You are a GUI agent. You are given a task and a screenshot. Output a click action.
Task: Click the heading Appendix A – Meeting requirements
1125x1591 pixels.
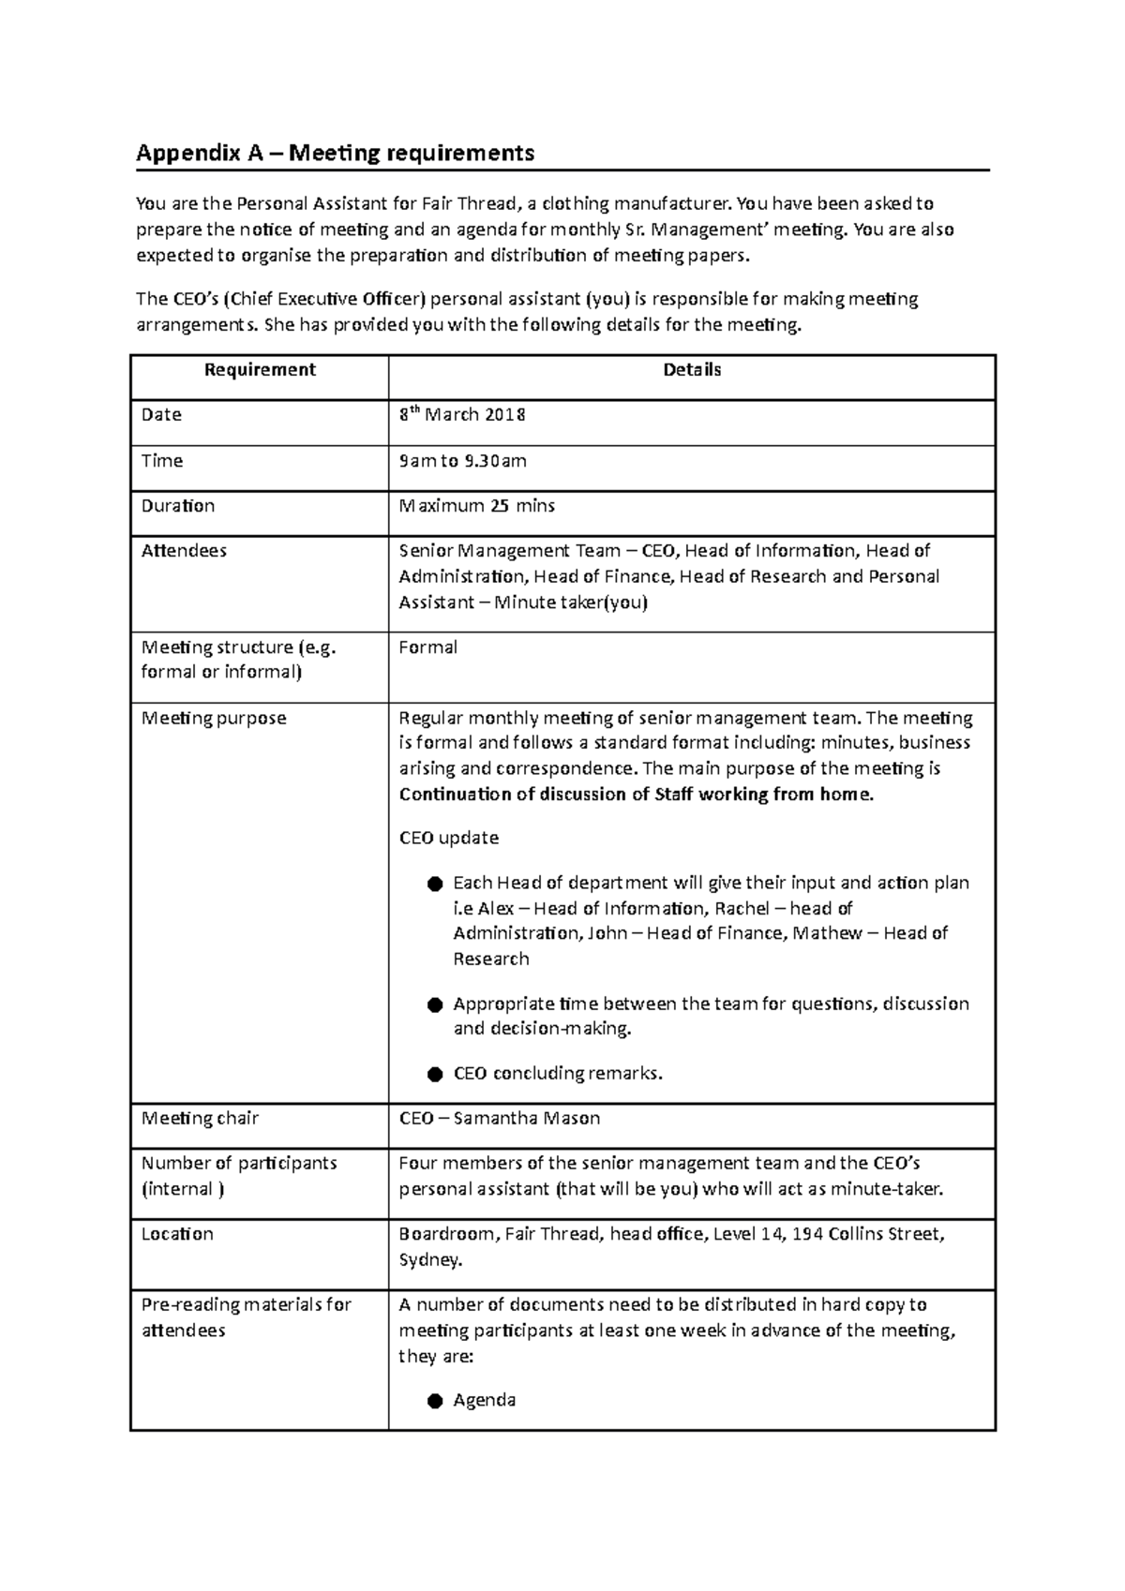click(x=335, y=153)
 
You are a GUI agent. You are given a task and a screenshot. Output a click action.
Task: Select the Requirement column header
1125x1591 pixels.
click(x=260, y=370)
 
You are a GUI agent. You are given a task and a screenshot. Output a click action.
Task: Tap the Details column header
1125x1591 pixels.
click(x=692, y=370)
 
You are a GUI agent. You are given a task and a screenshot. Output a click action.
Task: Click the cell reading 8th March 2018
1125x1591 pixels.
click(x=462, y=414)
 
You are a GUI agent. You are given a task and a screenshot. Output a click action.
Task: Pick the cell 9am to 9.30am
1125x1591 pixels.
click(x=462, y=461)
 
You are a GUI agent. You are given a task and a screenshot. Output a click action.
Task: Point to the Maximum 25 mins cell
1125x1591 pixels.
click(x=476, y=506)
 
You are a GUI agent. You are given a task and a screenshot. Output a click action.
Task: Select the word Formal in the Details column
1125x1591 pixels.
click(x=427, y=647)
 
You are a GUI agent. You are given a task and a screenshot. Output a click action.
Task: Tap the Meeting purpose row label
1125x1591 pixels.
click(x=214, y=719)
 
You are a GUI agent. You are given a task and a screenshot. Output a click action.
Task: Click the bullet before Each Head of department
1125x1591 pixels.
click(x=434, y=884)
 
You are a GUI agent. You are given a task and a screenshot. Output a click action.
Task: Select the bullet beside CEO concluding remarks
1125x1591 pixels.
click(x=434, y=1074)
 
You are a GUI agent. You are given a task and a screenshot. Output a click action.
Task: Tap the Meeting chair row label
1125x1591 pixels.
click(x=200, y=1119)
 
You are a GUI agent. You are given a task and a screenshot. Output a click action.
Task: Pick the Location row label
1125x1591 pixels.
click(x=177, y=1234)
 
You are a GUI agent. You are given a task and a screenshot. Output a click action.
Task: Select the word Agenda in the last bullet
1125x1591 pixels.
click(x=484, y=1401)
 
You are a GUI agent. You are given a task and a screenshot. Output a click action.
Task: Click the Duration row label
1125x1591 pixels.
click(x=178, y=506)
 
